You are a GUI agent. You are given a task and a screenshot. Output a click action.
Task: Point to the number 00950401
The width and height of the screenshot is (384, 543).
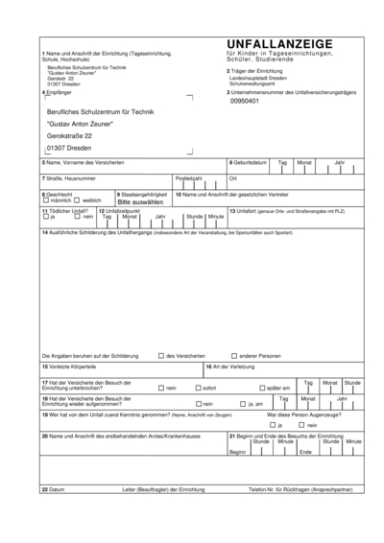point(246,101)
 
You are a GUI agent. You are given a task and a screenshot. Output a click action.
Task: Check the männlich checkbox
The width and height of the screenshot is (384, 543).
point(45,201)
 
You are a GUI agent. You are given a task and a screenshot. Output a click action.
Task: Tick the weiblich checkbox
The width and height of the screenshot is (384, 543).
point(78,201)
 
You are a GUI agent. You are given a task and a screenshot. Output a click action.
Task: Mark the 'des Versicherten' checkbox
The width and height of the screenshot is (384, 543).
point(160,355)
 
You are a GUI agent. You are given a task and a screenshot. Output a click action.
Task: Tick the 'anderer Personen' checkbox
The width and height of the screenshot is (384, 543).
point(232,355)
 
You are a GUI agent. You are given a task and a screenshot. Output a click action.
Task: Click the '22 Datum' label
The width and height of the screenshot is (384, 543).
point(53,489)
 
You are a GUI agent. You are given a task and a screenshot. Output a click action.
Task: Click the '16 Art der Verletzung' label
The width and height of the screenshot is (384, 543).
point(230,366)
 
